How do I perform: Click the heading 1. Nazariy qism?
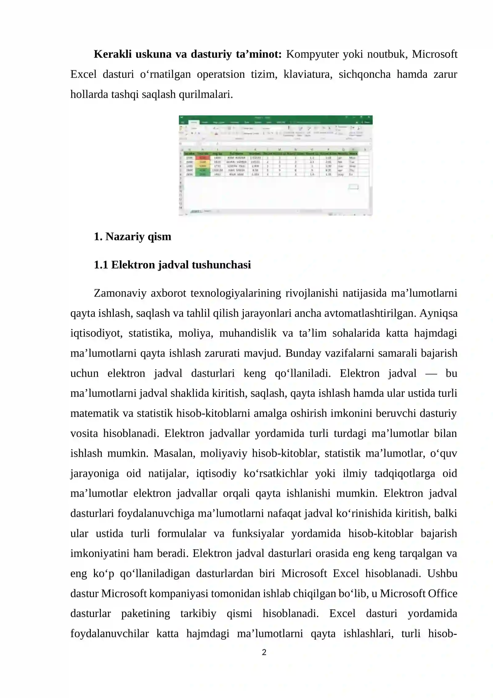[x=132, y=237]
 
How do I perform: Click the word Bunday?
[x=299, y=353]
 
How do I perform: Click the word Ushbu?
[x=442, y=574]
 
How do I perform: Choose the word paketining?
[x=145, y=613]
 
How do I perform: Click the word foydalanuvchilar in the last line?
[x=109, y=634]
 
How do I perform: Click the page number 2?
[x=264, y=652]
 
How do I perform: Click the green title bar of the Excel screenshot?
[x=275, y=118]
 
